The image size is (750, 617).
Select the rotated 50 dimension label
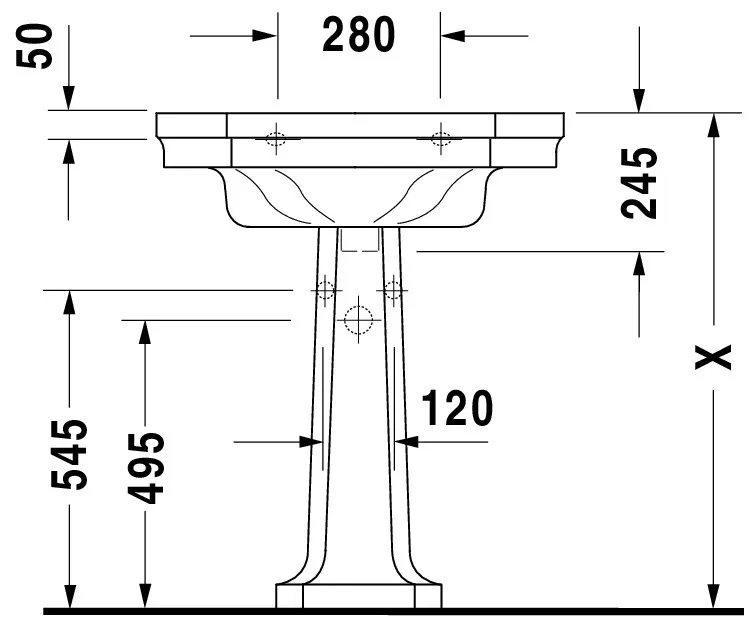click(37, 47)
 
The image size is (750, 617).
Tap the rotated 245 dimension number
click(639, 183)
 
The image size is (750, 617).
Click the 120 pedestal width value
click(457, 409)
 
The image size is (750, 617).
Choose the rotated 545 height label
click(70, 455)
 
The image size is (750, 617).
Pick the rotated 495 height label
click(146, 467)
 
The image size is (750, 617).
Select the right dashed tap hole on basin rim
click(440, 139)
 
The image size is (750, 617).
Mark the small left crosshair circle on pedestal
click(324, 290)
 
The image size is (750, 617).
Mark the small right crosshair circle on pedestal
click(393, 290)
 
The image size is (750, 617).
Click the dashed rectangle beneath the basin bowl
click(359, 240)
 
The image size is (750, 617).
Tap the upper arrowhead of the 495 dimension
click(145, 330)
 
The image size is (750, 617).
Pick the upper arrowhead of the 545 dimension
click(69, 300)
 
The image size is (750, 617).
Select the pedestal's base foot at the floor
click(359, 595)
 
